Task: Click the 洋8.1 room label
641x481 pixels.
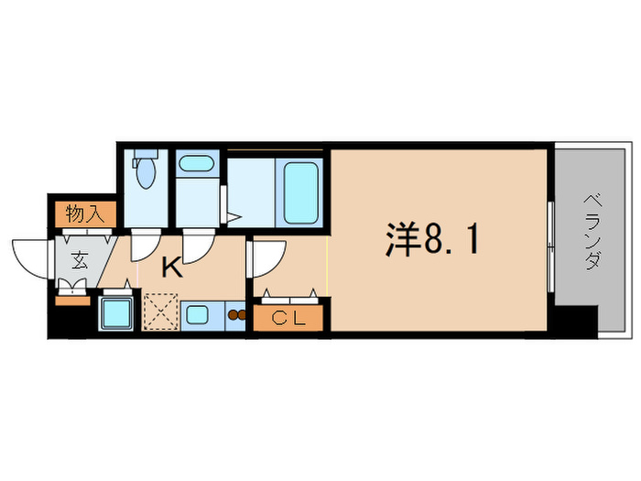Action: tap(430, 241)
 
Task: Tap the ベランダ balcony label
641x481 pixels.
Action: tap(591, 234)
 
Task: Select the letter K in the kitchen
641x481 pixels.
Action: tap(171, 268)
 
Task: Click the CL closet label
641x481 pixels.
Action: tap(288, 318)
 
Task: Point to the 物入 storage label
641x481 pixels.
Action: tap(84, 213)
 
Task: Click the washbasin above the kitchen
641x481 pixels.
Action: tap(194, 165)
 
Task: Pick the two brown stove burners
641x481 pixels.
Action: tap(236, 316)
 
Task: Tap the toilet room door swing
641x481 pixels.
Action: tap(143, 246)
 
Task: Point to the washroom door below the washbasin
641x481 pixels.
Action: tap(196, 246)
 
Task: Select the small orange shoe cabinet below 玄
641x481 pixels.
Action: tap(70, 297)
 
